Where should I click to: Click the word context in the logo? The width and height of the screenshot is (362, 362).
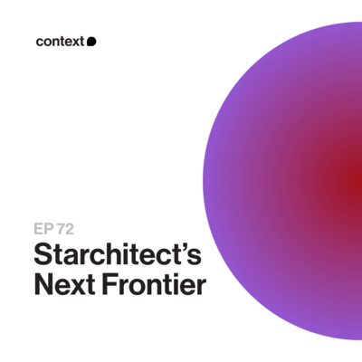pos(61,41)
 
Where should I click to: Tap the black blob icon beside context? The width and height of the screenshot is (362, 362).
pos(91,41)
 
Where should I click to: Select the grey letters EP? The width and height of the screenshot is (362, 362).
pos(43,229)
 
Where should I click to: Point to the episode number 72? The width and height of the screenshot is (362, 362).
pos(68,229)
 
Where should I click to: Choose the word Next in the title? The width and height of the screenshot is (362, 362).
pos(62,286)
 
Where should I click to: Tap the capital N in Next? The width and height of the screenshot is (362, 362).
pos(43,286)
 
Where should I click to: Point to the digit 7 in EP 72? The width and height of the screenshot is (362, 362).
pos(62,229)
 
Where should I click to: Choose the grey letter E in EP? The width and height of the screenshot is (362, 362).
pos(38,229)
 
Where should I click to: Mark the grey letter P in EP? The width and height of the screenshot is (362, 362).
pos(48,229)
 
